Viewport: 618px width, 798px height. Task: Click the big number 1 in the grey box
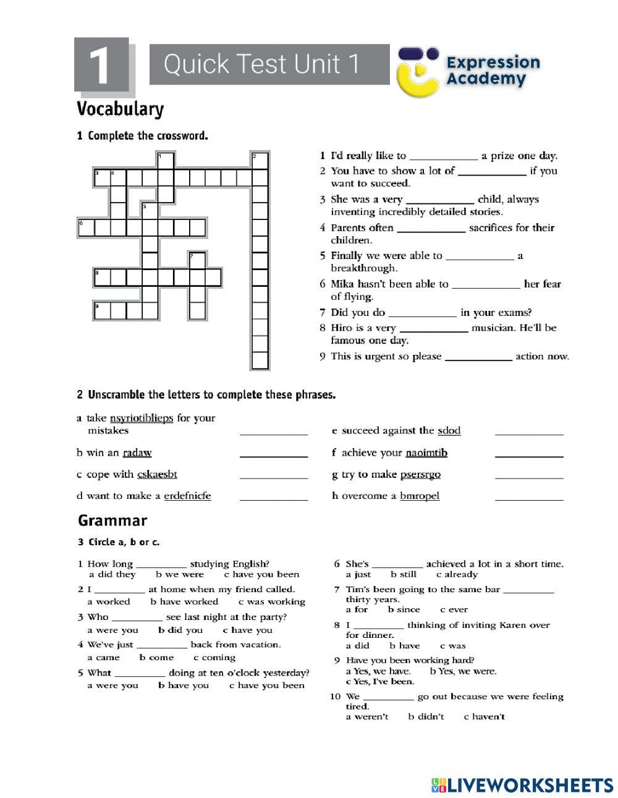[x=101, y=64]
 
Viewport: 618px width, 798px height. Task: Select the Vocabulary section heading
[x=121, y=109]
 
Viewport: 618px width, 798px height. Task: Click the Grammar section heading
[x=112, y=520]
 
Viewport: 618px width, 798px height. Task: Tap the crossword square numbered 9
[x=102, y=310]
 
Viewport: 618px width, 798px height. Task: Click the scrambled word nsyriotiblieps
[x=142, y=418]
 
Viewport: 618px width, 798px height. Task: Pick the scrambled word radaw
[x=137, y=453]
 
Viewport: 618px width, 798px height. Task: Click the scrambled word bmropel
[x=420, y=496]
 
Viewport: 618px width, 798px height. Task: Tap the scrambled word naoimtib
[x=426, y=453]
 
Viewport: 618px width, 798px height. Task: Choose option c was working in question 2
[x=272, y=601]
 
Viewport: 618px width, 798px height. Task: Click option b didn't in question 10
[x=426, y=716]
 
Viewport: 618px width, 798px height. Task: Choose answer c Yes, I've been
[x=380, y=682]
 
